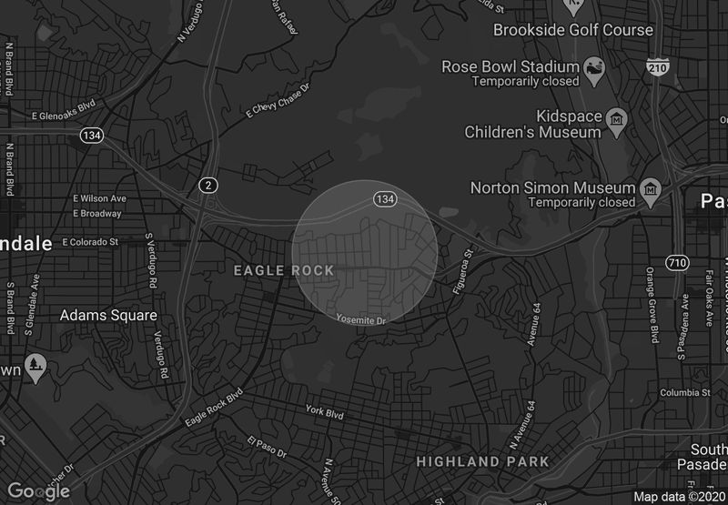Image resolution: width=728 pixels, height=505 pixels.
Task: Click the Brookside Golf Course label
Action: (x=572, y=30)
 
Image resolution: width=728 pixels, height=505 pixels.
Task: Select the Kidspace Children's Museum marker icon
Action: (x=617, y=119)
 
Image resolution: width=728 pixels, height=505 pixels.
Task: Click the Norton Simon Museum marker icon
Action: (x=651, y=188)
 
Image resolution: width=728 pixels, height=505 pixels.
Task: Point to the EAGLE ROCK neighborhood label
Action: (x=284, y=270)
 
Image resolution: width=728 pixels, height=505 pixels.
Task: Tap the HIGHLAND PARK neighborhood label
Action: (x=482, y=461)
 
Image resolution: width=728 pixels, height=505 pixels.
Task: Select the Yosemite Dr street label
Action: (x=361, y=320)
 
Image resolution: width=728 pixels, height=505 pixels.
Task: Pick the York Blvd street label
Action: (x=325, y=412)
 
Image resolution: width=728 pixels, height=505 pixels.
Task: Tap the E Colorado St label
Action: (x=90, y=242)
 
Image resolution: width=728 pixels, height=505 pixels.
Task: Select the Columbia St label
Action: (x=684, y=393)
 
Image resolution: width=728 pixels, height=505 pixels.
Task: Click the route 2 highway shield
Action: (x=209, y=186)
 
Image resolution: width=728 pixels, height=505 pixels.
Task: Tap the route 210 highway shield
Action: (x=659, y=66)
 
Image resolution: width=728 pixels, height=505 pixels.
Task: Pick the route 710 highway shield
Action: (x=676, y=263)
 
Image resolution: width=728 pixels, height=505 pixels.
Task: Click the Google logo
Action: (x=39, y=491)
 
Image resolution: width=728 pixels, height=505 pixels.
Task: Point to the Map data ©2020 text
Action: (x=680, y=497)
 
